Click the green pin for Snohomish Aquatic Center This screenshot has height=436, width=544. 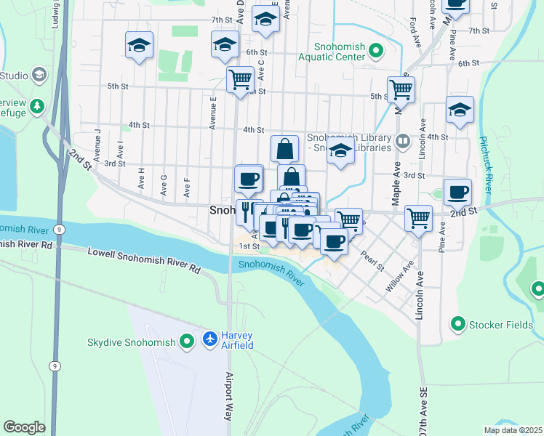pos(376,51)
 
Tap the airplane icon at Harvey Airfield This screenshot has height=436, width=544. pos(210,339)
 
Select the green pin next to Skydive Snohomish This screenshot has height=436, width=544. pos(187,340)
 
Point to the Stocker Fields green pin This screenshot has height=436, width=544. pos(458,323)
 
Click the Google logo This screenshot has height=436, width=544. pos(25,427)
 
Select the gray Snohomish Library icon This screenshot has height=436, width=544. pos(402,139)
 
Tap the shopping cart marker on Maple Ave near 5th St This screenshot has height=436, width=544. pos(401,90)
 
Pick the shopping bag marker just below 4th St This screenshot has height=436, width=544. pos(285,149)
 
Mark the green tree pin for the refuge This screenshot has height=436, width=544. pos(36,107)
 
